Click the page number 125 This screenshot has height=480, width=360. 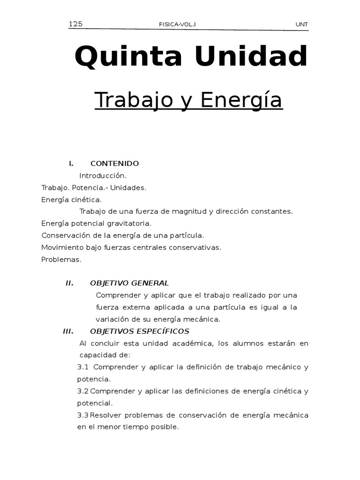coord(75,24)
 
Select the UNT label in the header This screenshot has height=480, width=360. coord(302,25)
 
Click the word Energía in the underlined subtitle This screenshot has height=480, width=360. coord(241,100)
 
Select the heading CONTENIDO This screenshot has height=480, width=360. coord(114,164)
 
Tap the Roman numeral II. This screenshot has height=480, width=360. coord(69,283)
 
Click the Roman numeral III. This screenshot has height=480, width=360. coord(68,331)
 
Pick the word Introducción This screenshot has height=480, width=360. coord(103,176)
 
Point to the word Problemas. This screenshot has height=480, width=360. coord(61,259)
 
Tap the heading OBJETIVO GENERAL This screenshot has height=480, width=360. coord(129,283)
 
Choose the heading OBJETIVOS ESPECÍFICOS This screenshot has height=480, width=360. coord(136,331)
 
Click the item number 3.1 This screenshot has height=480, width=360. coord(83,367)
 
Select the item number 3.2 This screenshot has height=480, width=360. coord(83,391)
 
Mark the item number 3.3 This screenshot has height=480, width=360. coord(83,415)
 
